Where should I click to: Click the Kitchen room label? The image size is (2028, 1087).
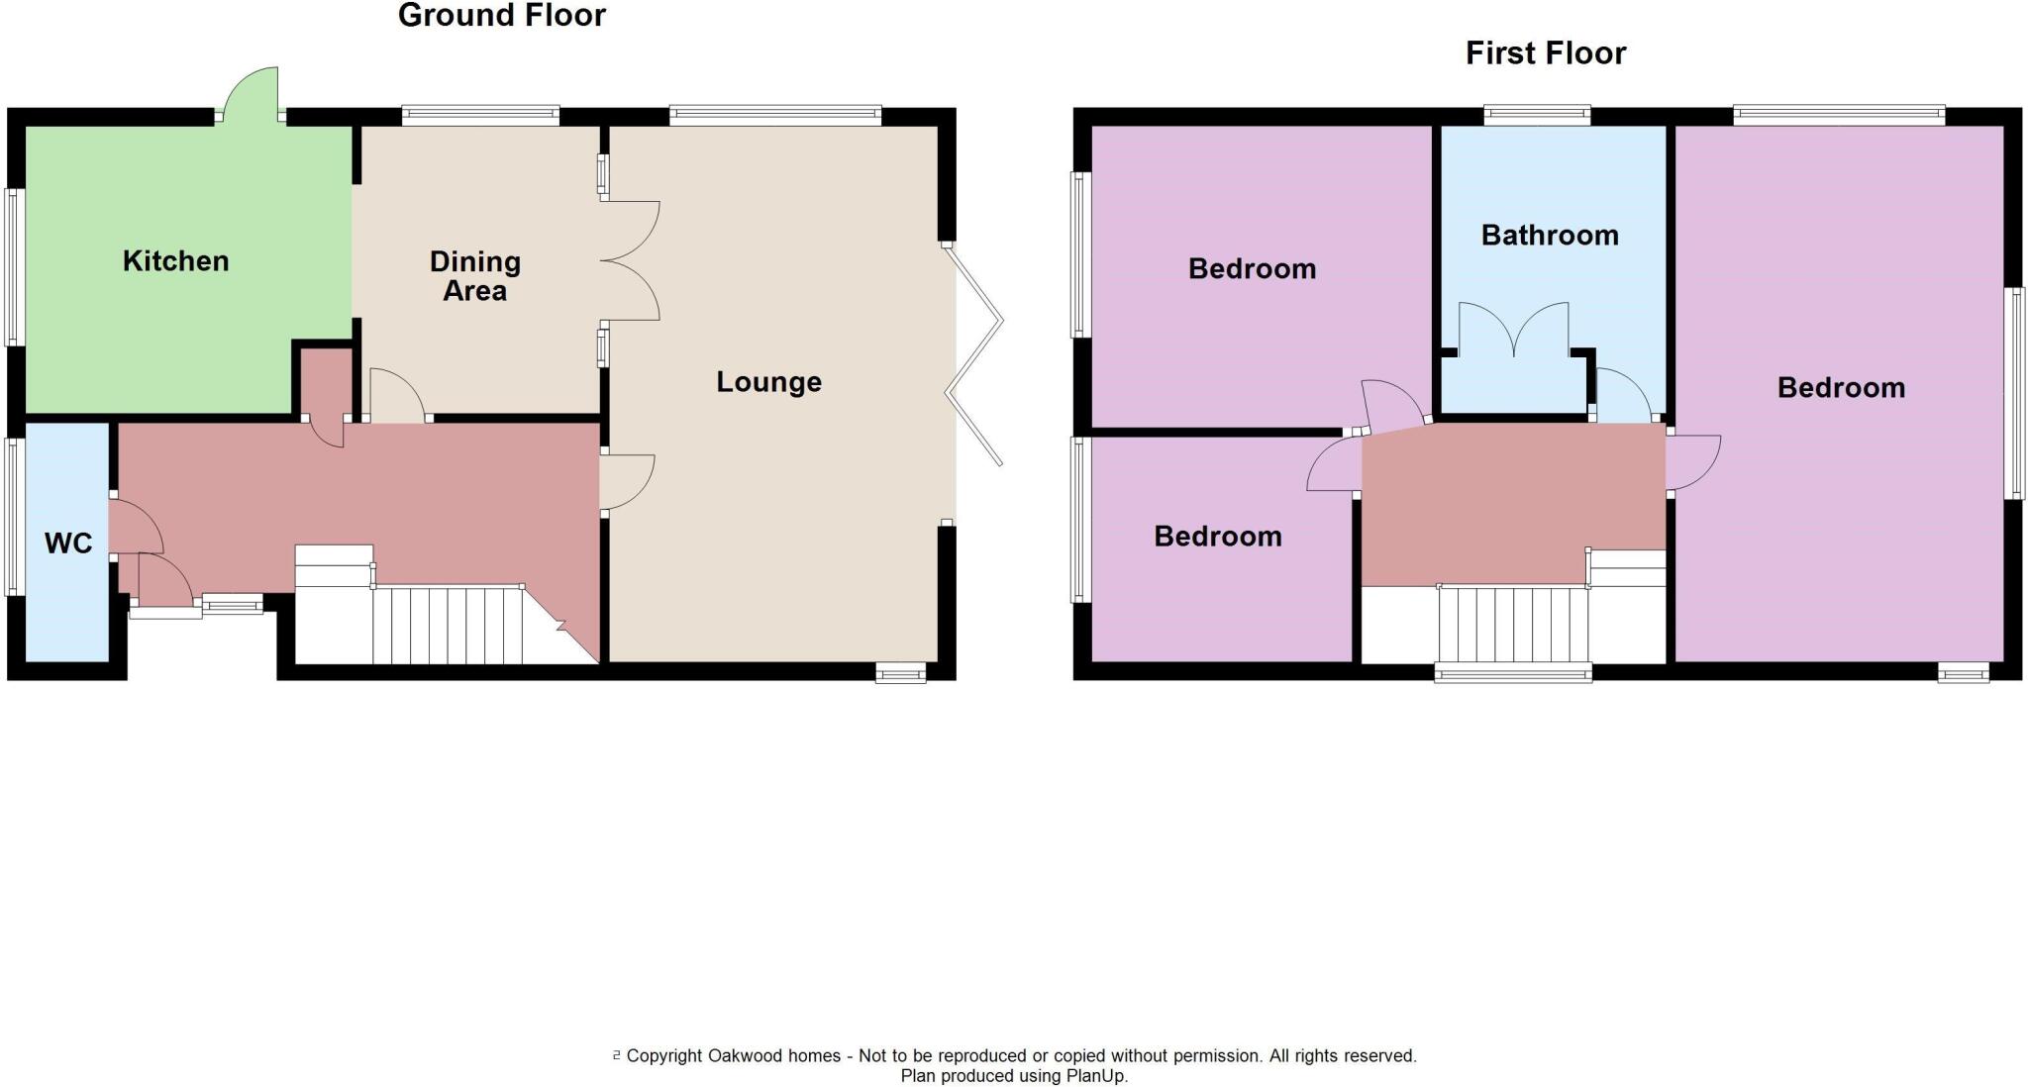point(175,261)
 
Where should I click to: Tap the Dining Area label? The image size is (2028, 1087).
point(474,276)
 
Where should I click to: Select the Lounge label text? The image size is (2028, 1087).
point(768,382)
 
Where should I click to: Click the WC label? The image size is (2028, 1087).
point(68,543)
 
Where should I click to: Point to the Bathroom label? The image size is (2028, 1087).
point(1550,236)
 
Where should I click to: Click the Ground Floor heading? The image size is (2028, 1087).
point(501,16)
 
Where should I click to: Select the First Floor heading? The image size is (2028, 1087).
point(1545,53)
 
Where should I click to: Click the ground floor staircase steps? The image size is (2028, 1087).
point(448,624)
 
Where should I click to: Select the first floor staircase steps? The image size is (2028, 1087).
point(1513,624)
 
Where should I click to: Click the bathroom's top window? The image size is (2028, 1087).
point(1537,115)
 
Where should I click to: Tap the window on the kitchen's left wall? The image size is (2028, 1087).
point(13,266)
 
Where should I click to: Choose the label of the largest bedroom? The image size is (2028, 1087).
point(1840,388)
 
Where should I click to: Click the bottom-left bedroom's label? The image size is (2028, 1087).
point(1217,537)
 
